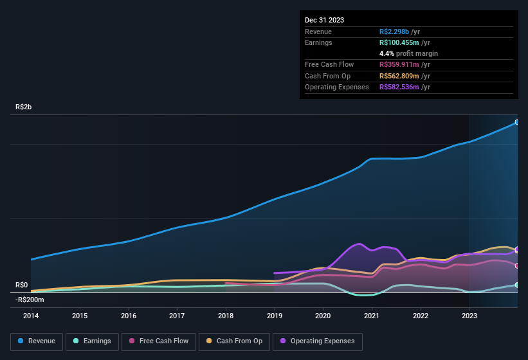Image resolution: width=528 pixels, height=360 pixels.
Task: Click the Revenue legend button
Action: click(x=37, y=341)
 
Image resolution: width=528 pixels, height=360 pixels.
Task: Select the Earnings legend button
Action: click(x=91, y=341)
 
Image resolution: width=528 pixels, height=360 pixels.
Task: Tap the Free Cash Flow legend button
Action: click(x=158, y=341)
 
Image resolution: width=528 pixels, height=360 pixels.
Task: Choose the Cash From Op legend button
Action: click(x=234, y=341)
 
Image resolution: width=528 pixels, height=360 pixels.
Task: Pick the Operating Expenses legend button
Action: click(x=318, y=341)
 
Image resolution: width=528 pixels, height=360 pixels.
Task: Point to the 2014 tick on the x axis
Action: click(x=31, y=316)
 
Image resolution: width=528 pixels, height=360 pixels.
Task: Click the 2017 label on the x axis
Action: click(x=177, y=316)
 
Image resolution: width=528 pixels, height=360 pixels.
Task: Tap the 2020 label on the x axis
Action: click(x=323, y=316)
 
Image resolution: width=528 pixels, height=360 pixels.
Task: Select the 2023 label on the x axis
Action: click(x=469, y=316)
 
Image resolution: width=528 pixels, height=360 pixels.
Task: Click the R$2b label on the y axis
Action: click(x=23, y=107)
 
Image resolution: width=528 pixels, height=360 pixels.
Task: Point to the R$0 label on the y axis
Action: click(x=22, y=285)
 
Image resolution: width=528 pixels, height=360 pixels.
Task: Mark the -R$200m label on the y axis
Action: click(x=30, y=300)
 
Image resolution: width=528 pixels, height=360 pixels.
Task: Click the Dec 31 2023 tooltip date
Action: click(x=324, y=20)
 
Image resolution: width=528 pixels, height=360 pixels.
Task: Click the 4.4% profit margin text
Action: click(x=408, y=53)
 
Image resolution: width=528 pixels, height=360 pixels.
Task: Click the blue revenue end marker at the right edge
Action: click(x=516, y=122)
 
